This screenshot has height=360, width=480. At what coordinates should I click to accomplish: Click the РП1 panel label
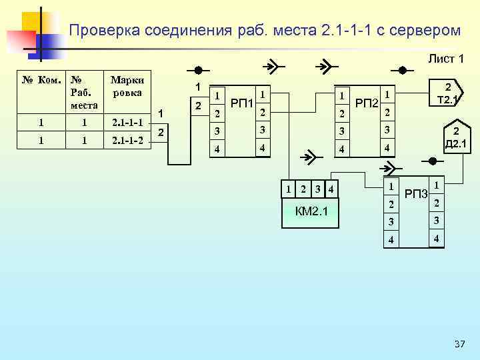(241, 103)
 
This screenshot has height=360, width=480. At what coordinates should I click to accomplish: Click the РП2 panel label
(366, 103)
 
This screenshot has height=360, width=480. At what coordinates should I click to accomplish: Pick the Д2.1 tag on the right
(455, 139)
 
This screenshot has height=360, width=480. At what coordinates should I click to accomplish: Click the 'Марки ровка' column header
(127, 87)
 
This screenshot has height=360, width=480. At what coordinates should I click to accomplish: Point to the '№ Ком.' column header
(41, 80)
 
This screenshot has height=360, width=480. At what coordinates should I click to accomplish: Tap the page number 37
(459, 344)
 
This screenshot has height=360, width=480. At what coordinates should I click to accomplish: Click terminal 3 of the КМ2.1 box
(318, 189)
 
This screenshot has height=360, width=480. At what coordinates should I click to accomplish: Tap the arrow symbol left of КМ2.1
(309, 159)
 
